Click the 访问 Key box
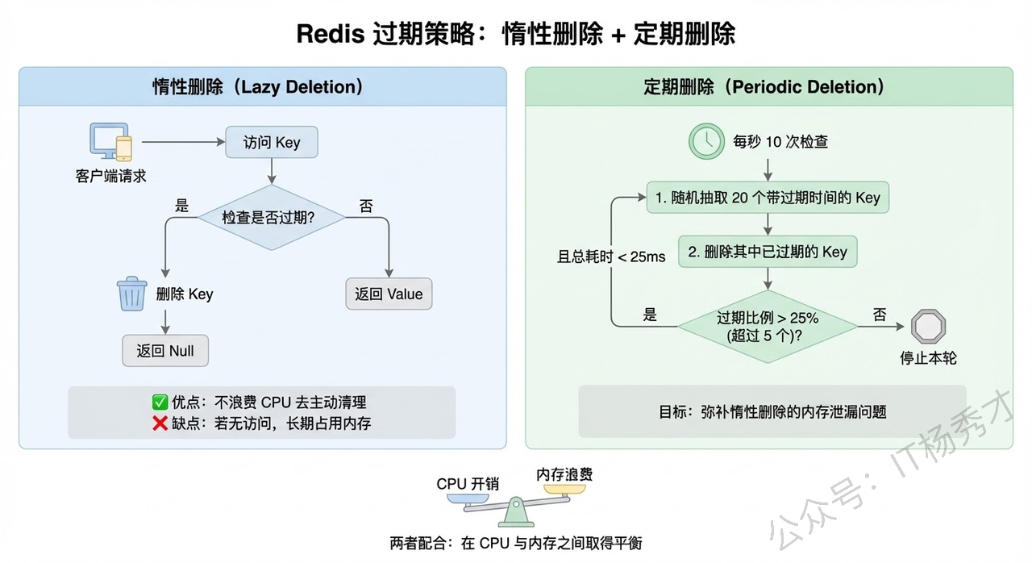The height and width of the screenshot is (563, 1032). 272,143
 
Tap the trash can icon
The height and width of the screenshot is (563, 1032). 131,294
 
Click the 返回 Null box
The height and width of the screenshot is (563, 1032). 165,352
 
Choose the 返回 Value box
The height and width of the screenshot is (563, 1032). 389,294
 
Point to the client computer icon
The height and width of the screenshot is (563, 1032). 110,145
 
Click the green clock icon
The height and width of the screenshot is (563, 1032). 706,141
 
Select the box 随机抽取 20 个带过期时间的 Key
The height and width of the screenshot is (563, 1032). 768,198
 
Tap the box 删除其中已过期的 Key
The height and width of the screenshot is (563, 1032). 768,252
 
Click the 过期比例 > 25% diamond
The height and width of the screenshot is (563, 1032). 768,326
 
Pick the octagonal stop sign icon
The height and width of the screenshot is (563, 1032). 928,326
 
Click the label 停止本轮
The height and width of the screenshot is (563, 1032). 928,357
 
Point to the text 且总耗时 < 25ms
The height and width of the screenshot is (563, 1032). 611,256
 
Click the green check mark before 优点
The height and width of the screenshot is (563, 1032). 160,402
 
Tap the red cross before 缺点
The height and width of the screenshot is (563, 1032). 160,423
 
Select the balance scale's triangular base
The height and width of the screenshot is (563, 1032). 514,515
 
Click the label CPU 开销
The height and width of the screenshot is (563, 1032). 468,484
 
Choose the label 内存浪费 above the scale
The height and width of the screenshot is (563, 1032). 565,475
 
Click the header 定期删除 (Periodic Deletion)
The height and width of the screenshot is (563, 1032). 764,87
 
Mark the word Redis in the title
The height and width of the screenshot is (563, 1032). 330,34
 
